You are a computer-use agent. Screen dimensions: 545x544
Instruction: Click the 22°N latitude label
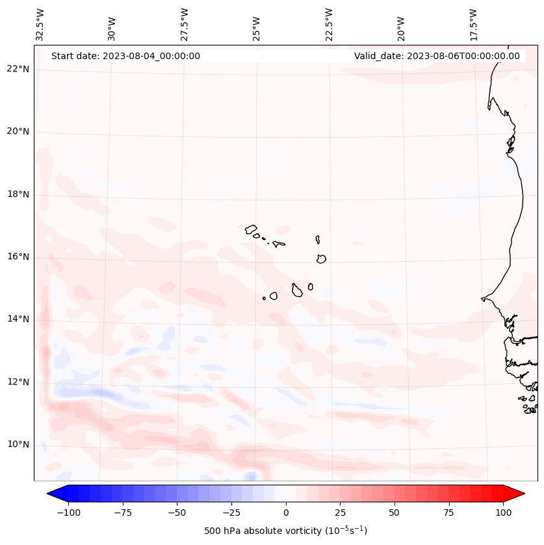pyautogui.click(x=18, y=70)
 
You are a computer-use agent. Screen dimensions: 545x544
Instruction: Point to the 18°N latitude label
pyautogui.click(x=18, y=195)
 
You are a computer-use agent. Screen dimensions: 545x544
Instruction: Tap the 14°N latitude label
pyautogui.click(x=18, y=320)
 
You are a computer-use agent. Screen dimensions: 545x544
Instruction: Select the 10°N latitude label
pyautogui.click(x=18, y=445)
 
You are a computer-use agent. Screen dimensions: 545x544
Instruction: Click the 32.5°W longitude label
pyautogui.click(x=40, y=24)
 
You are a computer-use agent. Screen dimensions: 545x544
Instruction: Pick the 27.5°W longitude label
pyautogui.click(x=185, y=24)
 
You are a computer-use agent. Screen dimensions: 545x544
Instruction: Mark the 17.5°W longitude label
pyautogui.click(x=473, y=24)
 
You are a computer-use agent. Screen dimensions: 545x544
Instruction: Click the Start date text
pyautogui.click(x=125, y=56)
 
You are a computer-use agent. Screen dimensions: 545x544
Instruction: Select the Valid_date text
pyautogui.click(x=437, y=56)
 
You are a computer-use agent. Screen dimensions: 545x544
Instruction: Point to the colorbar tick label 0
pyautogui.click(x=286, y=513)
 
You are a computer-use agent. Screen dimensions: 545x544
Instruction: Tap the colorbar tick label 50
pyautogui.click(x=394, y=513)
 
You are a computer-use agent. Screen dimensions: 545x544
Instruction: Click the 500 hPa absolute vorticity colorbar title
pyautogui.click(x=285, y=531)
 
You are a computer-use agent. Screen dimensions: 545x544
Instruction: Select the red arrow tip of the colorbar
pyautogui.click(x=518, y=494)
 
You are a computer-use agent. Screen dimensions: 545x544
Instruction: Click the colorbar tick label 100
pyautogui.click(x=503, y=513)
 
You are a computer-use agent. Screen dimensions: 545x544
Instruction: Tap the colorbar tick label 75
pyautogui.click(x=448, y=513)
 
